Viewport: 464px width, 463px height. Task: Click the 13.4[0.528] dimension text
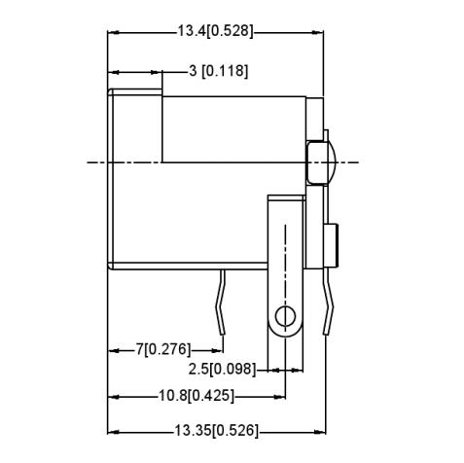215,31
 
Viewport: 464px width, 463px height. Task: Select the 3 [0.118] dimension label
218,71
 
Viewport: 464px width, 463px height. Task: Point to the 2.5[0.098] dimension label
222,370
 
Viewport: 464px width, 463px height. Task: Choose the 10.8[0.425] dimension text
196,396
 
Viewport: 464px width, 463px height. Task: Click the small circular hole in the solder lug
284,316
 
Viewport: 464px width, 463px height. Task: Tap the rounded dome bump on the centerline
320,161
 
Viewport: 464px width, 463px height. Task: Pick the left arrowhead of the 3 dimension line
113,71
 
